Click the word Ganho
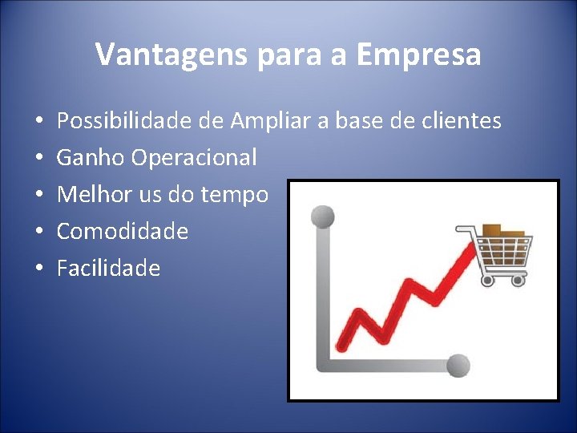91,158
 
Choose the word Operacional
195,158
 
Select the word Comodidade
122,232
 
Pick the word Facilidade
108,268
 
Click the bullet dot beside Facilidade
39,269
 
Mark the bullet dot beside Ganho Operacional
39,159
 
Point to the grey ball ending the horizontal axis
458,365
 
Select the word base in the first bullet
381,121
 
